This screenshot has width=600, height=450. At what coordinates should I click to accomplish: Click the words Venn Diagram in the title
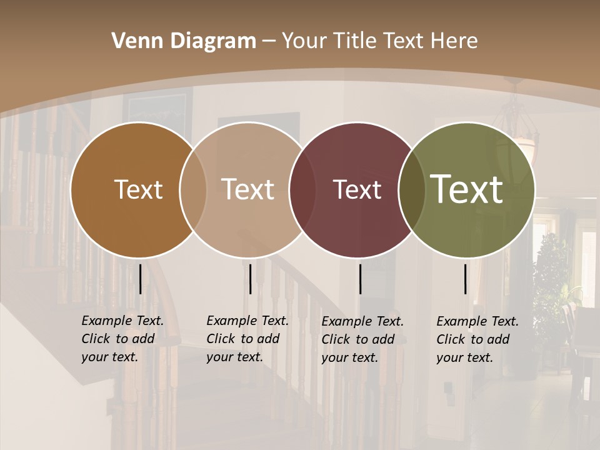click(x=184, y=41)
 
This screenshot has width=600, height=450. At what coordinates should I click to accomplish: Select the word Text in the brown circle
click(x=138, y=189)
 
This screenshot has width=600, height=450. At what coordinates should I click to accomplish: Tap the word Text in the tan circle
click(x=247, y=189)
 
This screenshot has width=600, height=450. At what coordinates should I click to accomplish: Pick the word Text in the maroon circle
click(x=357, y=189)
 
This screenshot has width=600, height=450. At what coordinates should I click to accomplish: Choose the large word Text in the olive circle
click(x=467, y=189)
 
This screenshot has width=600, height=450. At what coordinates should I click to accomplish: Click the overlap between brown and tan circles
click(x=193, y=189)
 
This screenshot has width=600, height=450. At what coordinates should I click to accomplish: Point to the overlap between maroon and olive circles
click(x=412, y=189)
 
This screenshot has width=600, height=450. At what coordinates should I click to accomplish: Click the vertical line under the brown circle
click(x=140, y=279)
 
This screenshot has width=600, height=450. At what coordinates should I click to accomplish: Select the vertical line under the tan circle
click(x=250, y=279)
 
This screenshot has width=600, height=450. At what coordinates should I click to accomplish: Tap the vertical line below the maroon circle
click(x=360, y=279)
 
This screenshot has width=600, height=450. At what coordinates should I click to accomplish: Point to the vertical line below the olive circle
click(x=465, y=279)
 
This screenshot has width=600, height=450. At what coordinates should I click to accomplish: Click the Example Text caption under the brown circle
click(x=122, y=339)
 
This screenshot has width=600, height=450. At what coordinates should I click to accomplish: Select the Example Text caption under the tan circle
click(x=247, y=339)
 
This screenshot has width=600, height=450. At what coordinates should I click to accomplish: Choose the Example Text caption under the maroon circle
click(x=362, y=339)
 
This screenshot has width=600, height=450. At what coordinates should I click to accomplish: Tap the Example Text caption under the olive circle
click(x=477, y=339)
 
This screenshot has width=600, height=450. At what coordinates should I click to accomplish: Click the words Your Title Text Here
click(x=379, y=41)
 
